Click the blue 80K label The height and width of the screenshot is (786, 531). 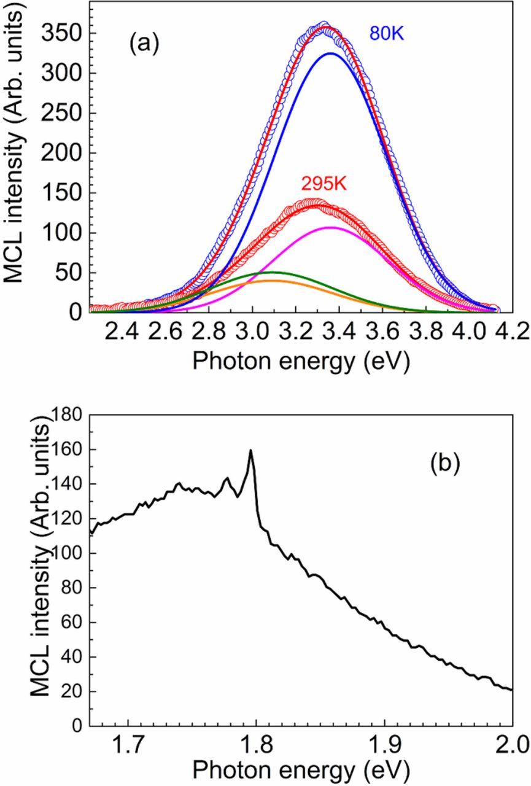(387, 33)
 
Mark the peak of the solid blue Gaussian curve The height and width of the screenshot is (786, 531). (331, 53)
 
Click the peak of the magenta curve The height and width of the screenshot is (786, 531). (331, 227)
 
